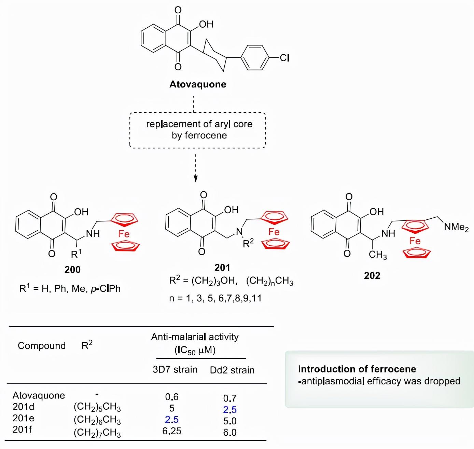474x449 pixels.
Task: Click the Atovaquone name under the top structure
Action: [x=198, y=84]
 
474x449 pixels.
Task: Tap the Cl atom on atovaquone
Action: [x=284, y=58]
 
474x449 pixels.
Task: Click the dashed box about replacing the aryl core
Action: [x=197, y=130]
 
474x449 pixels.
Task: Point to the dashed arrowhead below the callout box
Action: [x=196, y=178]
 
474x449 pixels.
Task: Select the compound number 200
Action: [x=72, y=270]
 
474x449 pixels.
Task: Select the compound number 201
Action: [x=222, y=267]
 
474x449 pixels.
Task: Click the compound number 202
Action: [x=372, y=275]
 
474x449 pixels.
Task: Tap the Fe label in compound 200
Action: [x=124, y=234]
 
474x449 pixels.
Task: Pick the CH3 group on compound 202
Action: [x=378, y=255]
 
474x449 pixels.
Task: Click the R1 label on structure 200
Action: [x=76, y=254]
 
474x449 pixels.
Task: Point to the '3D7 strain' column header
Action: [x=175, y=369]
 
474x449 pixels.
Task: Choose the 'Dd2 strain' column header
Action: [x=232, y=370]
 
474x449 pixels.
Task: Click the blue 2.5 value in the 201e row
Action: [x=172, y=420]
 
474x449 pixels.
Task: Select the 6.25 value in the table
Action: [x=172, y=431]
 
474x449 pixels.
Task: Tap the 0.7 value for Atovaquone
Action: [x=230, y=398]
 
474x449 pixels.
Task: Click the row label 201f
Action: [x=22, y=430]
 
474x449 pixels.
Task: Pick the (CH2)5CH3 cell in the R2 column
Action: [x=97, y=407]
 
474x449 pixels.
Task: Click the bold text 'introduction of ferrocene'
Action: [x=357, y=369]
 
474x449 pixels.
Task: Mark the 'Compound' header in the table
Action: [x=42, y=346]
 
